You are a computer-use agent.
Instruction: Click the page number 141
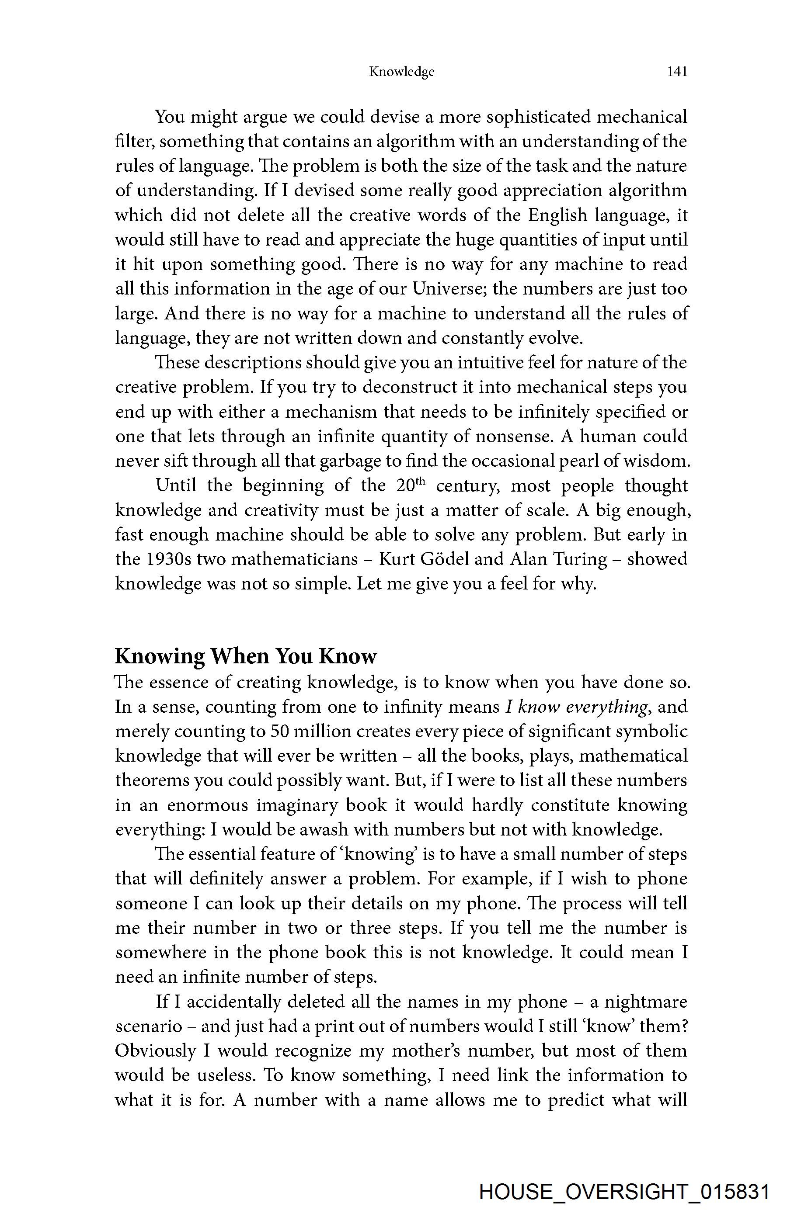(x=677, y=72)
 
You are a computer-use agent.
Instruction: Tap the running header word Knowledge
(x=401, y=72)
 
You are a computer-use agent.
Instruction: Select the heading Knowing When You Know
(x=246, y=656)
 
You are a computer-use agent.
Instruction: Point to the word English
(x=557, y=215)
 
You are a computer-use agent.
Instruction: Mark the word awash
(x=323, y=830)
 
